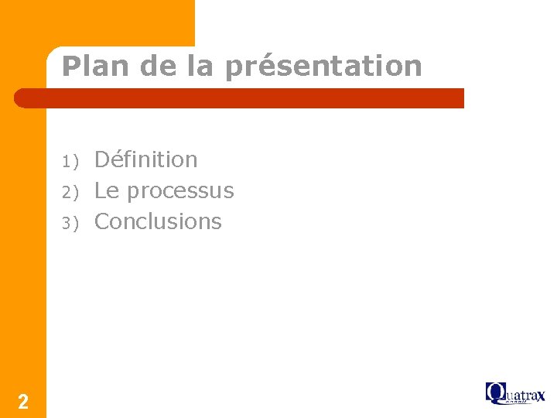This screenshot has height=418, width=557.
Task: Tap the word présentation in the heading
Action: pos(324,67)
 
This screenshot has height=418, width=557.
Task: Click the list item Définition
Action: pos(145,159)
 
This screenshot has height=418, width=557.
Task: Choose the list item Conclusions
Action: pos(158,221)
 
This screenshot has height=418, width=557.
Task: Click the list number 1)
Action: pos(71,161)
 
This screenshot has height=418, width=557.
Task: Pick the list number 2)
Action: pos(71,192)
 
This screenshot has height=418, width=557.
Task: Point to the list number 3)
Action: pos(71,223)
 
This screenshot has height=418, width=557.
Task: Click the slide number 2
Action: pos(23,401)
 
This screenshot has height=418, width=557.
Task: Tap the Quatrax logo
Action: pos(515,393)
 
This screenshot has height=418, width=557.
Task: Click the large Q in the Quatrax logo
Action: pos(494,392)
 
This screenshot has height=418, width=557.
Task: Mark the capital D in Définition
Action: pos(102,159)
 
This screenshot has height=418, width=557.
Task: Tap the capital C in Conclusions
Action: pos(102,221)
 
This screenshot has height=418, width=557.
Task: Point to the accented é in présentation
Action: pos(261,66)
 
